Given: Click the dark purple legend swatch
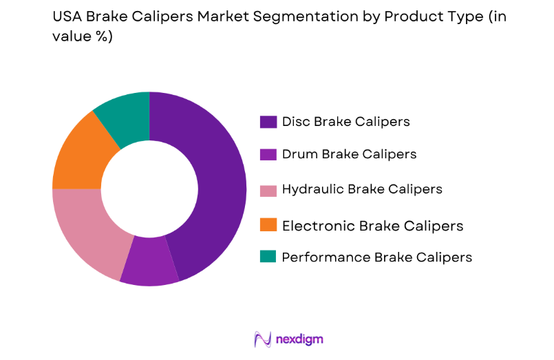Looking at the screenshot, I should pyautogui.click(x=268, y=122).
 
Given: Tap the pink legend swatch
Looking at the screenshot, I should pyautogui.click(x=268, y=189).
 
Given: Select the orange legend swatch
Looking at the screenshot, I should pyautogui.click(x=268, y=224).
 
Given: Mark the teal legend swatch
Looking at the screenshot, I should pyautogui.click(x=268, y=257).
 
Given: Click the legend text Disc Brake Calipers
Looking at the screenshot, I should pyautogui.click(x=345, y=122).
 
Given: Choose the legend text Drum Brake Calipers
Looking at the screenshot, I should pyautogui.click(x=349, y=155).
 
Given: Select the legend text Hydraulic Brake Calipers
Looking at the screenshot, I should pyautogui.click(x=362, y=189).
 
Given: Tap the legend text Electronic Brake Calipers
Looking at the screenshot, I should pyautogui.click(x=372, y=226).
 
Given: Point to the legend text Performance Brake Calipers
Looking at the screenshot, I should pyautogui.click(x=377, y=257).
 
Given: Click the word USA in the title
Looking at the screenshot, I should pyautogui.click(x=67, y=17).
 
